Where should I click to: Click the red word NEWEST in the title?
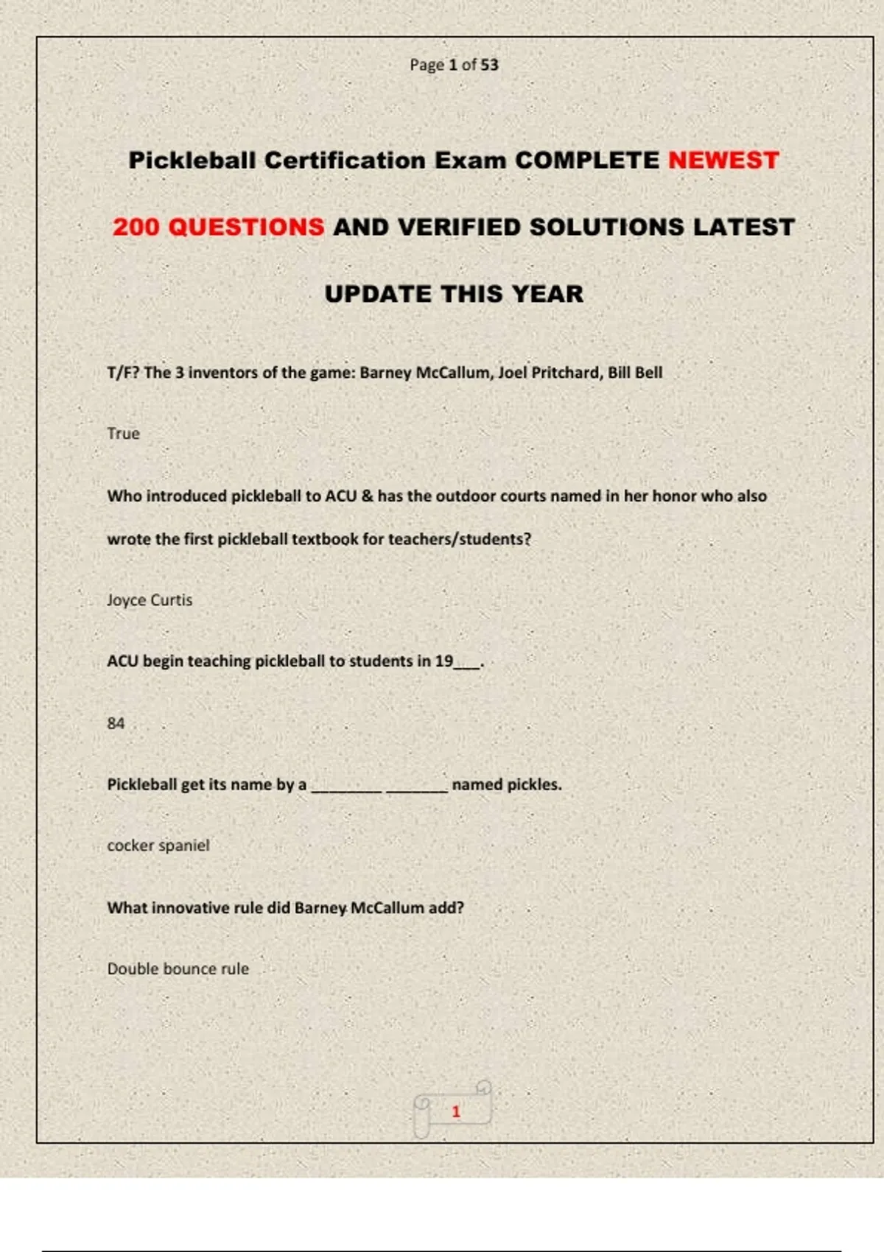coord(723,161)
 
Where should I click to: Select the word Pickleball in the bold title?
coord(192,161)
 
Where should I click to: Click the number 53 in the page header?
coord(489,65)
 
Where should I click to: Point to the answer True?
coord(123,434)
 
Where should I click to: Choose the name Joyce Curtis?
coord(150,600)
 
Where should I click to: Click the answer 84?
coord(116,723)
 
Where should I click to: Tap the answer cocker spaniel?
coord(158,845)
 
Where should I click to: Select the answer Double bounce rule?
coord(178,968)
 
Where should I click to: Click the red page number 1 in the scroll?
coord(456,1111)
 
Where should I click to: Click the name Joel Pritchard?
coord(549,373)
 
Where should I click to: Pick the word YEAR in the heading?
coord(548,294)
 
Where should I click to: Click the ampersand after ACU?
coord(368,496)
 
